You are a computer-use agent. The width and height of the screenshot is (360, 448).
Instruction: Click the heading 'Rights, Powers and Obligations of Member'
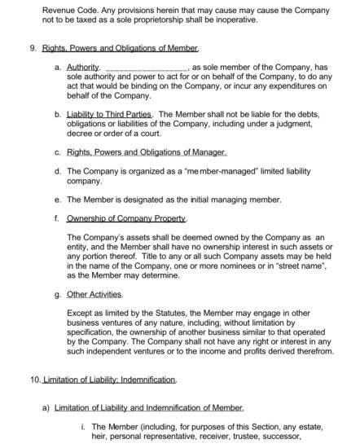(120, 49)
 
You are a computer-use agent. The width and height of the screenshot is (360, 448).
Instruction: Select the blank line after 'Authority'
(147, 68)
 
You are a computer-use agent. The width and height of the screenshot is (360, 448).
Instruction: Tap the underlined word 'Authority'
(84, 68)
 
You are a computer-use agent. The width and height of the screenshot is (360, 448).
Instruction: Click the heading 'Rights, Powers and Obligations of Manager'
(147, 152)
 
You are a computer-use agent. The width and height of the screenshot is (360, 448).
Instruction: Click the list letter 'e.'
(57, 200)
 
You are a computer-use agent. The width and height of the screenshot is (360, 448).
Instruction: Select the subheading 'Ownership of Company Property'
(126, 218)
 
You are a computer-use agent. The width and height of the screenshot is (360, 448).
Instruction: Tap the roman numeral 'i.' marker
(84, 426)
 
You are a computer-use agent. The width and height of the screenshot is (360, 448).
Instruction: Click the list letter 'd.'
(57, 172)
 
